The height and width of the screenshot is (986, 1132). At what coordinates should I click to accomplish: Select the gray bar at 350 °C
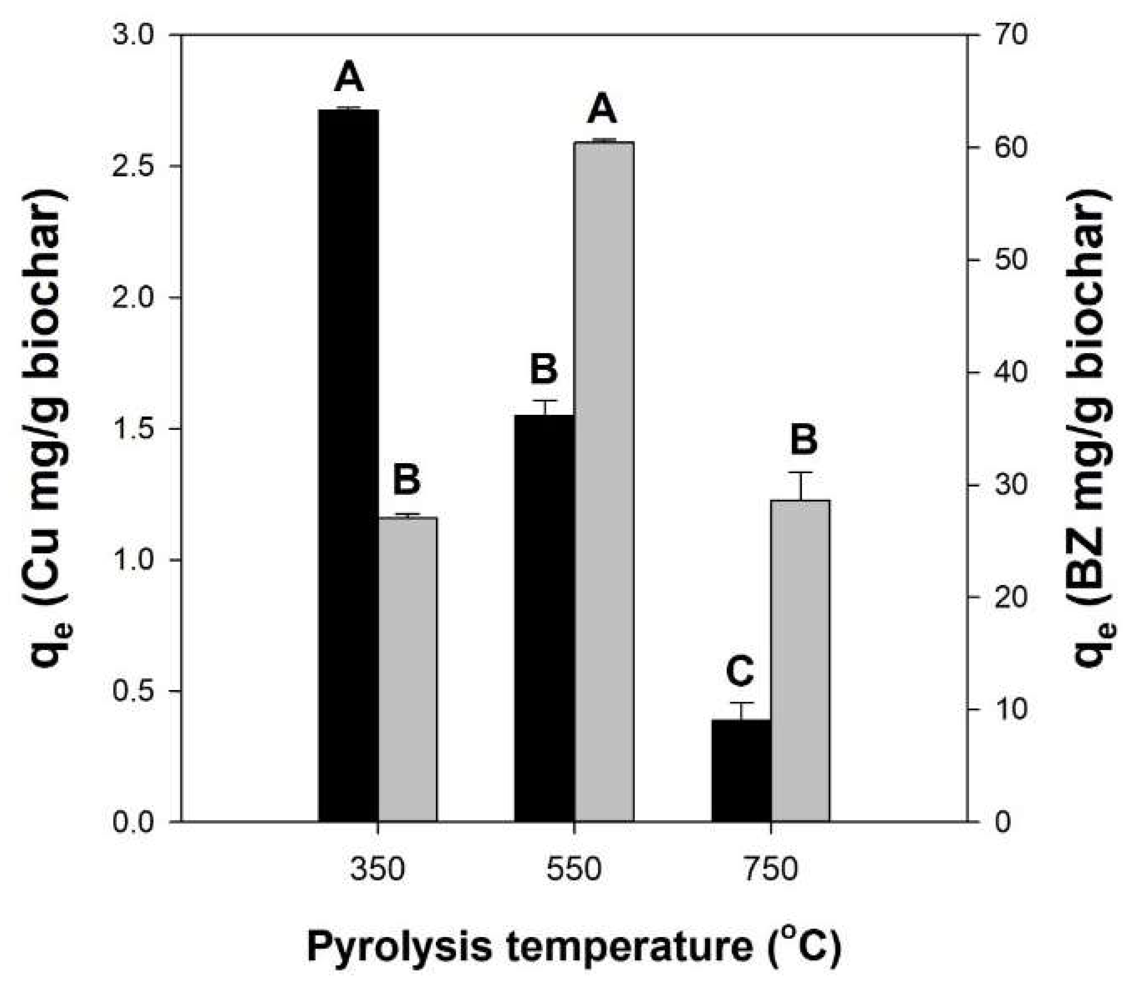pos(407,669)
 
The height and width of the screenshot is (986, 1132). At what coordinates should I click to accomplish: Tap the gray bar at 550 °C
pos(604,481)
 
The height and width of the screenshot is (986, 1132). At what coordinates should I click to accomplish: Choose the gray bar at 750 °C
pos(801,660)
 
